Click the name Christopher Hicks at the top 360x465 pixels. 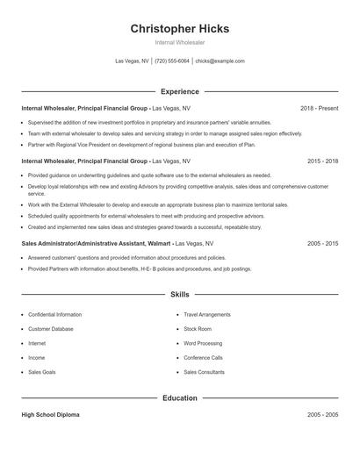pos(179,29)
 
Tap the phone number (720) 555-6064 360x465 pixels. pos(172,61)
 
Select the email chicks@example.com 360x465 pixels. pos(220,61)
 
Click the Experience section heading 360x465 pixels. pos(179,91)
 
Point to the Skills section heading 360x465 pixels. pos(179,295)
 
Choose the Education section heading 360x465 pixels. pos(179,398)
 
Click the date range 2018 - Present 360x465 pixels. pos(319,108)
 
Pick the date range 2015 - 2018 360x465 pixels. pos(322,161)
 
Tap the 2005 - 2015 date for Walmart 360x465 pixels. pos(322,243)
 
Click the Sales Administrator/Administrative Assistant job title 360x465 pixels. pos(96,243)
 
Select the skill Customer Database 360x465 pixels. pos(51,329)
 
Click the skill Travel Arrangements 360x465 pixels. pos(207,314)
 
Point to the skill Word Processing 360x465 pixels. pos(203,343)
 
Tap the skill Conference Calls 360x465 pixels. pos(203,358)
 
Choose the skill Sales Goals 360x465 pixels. pos(41,372)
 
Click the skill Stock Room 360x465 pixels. pos(198,329)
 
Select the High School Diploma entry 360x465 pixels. pos(50,415)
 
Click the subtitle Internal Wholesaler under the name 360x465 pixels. pos(179,42)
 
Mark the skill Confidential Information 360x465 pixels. pos(54,314)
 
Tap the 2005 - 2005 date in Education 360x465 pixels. pos(322,415)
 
